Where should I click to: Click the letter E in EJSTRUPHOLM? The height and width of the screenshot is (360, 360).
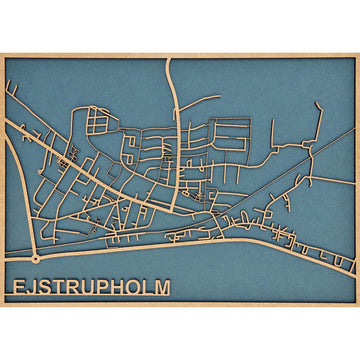click(x=19, y=287)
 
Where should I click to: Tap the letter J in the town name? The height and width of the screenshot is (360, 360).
click(x=32, y=287)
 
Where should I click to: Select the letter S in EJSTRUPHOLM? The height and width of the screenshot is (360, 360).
click(x=45, y=287)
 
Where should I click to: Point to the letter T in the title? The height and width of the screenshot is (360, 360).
click(x=58, y=287)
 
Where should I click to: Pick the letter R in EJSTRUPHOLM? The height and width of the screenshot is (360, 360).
click(x=72, y=287)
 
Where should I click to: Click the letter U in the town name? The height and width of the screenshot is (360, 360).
click(x=87, y=287)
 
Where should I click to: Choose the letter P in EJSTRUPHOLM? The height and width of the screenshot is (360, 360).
click(x=101, y=287)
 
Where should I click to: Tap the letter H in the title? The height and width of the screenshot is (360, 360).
click(x=116, y=287)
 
